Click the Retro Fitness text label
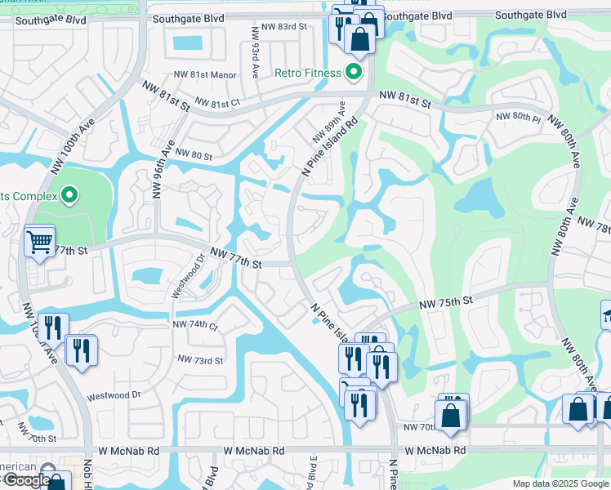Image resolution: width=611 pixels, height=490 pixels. (x=307, y=73)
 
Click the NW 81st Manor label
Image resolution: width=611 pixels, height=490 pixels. (x=204, y=75)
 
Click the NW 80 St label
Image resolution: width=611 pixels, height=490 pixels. (x=193, y=156)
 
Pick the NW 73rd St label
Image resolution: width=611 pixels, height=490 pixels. (x=200, y=360)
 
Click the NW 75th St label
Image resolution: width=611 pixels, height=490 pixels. (x=446, y=302)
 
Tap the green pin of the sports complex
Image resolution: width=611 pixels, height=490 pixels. (x=69, y=196)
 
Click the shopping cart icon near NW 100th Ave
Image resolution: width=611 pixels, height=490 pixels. (x=39, y=242)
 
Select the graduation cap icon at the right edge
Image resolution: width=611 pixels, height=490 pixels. (x=607, y=314)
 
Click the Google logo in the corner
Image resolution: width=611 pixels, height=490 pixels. (x=26, y=480)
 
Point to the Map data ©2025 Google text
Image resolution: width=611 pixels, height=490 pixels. (x=560, y=483)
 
